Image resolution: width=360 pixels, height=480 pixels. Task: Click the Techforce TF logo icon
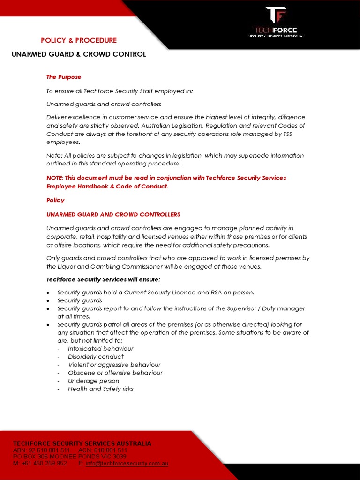[x=276, y=15]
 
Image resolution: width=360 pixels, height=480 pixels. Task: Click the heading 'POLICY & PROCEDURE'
[x=79, y=40]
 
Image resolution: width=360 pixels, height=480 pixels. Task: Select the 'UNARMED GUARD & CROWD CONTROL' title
[x=79, y=54]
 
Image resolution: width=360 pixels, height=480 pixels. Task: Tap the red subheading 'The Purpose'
[x=64, y=77]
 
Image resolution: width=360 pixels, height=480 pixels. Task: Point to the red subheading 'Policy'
[x=55, y=200]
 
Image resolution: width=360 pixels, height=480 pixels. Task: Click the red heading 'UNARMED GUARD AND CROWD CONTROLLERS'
[x=113, y=214]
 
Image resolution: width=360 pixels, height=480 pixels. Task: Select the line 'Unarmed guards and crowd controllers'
[x=104, y=104]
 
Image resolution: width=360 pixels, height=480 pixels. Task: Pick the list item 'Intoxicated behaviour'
[x=100, y=349]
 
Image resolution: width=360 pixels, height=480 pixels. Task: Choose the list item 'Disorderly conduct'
[x=96, y=357]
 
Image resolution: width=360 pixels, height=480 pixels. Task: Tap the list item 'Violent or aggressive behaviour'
[x=114, y=365]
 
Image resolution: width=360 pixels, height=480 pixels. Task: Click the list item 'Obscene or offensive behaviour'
[x=115, y=373]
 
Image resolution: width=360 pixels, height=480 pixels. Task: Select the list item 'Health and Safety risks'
[x=100, y=389]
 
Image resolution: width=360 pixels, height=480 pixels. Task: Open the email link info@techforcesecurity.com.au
[x=127, y=463]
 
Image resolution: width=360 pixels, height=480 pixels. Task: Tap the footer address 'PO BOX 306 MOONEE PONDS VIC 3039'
[x=69, y=457]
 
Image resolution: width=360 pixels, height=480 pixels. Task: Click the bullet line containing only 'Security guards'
[x=79, y=300]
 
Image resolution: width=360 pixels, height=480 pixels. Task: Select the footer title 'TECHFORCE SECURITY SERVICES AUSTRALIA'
[x=82, y=443]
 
